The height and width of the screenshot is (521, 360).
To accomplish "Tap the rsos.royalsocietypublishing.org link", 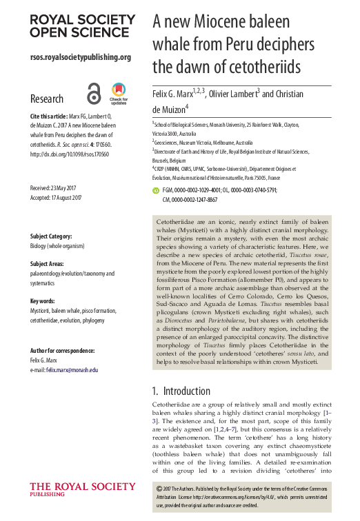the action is point(80,57).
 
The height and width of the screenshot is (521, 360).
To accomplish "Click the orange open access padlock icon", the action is point(94,92).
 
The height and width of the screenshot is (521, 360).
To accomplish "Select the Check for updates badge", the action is point(118,92).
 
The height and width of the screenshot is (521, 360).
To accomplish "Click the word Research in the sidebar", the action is point(47,99).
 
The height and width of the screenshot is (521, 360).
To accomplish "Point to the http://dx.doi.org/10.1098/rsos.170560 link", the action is point(69,155).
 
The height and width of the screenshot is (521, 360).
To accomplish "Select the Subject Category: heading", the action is point(57,236).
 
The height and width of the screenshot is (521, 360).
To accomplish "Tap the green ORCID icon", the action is point(155,189).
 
